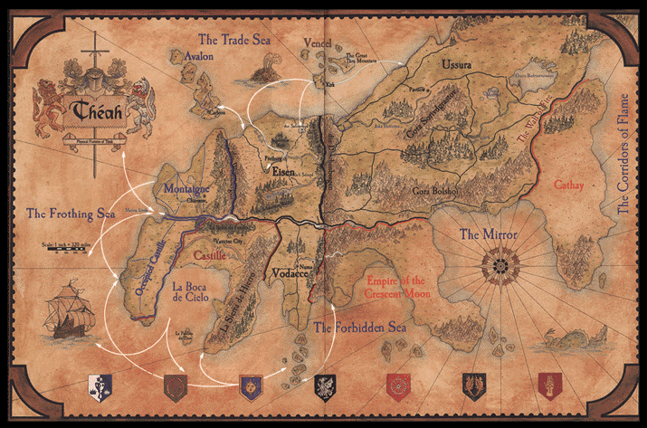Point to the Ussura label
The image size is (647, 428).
click(457, 65)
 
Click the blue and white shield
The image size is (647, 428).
click(100, 385)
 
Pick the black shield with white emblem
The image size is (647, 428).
click(325, 386)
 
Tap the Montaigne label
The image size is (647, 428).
click(187, 191)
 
